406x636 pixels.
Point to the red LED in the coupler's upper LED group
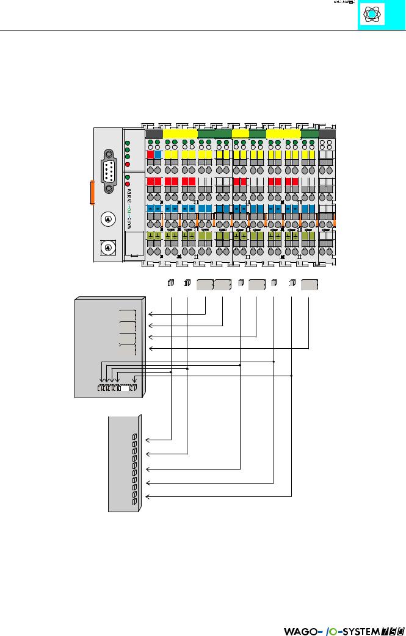(x=127, y=165)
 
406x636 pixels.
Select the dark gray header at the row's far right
(x=327, y=134)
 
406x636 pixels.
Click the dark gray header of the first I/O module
(x=154, y=134)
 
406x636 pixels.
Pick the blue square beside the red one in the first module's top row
(x=158, y=155)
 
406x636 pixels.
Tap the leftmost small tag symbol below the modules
(x=171, y=284)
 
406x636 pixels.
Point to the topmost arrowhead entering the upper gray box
(x=150, y=315)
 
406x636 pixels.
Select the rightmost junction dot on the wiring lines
(x=292, y=376)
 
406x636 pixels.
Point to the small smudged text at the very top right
(x=344, y=2)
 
